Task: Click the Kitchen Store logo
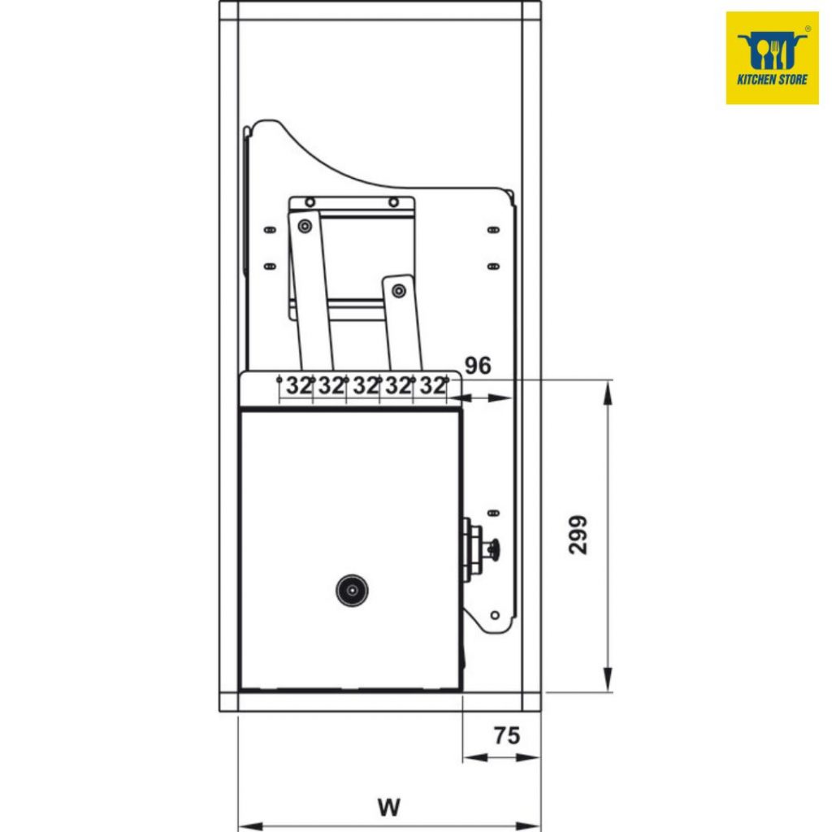[772, 58]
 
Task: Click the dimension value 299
[578, 535]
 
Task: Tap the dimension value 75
[507, 735]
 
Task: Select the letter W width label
[389, 807]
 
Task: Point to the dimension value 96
[478, 366]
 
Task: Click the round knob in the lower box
[352, 590]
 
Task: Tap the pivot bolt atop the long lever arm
[305, 227]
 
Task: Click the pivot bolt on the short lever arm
[398, 291]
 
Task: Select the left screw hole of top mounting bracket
[310, 202]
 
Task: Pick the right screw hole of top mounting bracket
[393, 202]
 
